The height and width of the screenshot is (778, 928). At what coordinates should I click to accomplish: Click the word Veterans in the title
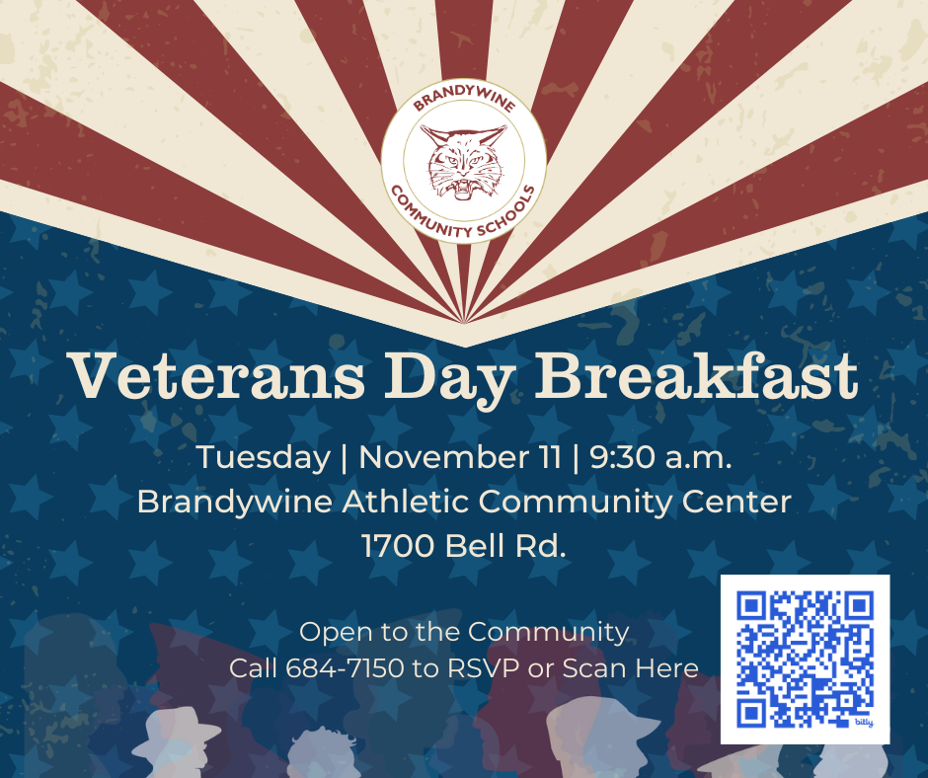coord(194,375)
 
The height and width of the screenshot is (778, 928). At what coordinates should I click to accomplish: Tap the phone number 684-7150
coord(345,668)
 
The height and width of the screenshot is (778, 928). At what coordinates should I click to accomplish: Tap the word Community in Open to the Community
coord(548,632)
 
